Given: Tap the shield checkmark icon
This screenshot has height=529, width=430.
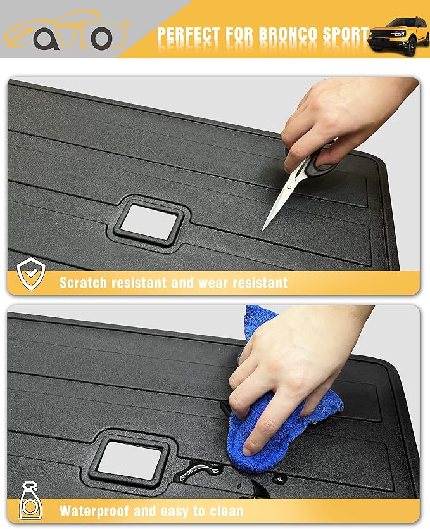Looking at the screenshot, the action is [31, 274].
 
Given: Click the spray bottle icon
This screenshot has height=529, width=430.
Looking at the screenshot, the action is [30, 501].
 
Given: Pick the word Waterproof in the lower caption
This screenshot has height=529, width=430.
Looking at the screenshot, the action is [94, 511].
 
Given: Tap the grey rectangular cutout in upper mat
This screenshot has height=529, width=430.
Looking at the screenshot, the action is [148, 222].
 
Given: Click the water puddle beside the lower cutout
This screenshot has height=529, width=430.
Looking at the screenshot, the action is [199, 470].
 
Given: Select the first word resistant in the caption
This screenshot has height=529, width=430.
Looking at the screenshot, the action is [139, 283].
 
